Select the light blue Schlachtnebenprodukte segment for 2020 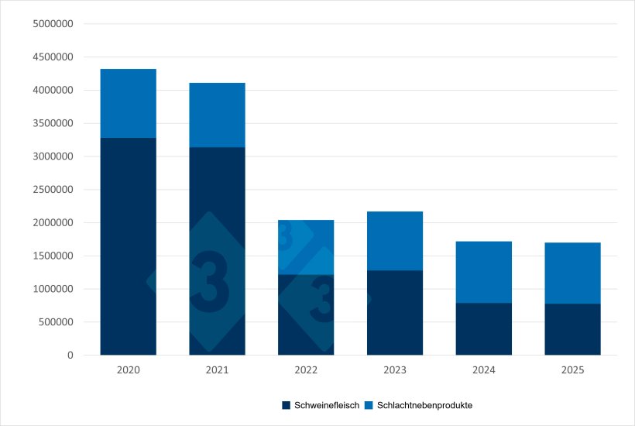point(129,103)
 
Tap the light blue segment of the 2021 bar point(218,115)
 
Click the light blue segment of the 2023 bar point(395,241)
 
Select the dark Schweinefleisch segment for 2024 point(484,328)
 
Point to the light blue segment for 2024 point(484,272)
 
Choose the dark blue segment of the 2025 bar point(573,329)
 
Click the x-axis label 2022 point(306,370)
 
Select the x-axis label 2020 point(129,370)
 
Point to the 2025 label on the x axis point(573,370)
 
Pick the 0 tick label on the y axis point(70,356)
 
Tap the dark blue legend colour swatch point(286,405)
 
